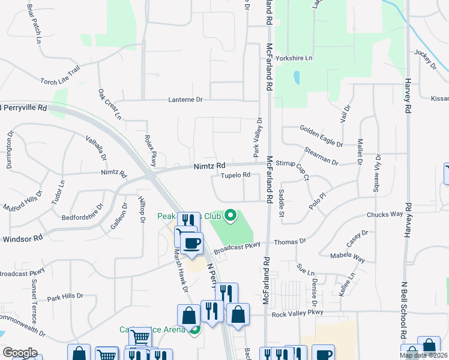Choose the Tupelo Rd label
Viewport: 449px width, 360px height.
coord(235,175)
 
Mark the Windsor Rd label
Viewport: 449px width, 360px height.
coord(23,238)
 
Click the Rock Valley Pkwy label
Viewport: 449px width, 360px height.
coord(297,313)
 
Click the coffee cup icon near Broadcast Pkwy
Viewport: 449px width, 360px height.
coord(192,243)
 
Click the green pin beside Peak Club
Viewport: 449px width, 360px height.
coord(231,215)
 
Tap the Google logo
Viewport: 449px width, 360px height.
coord(20,353)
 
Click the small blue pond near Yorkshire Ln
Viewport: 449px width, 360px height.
coord(296,78)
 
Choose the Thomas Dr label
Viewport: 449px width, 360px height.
coord(290,241)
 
